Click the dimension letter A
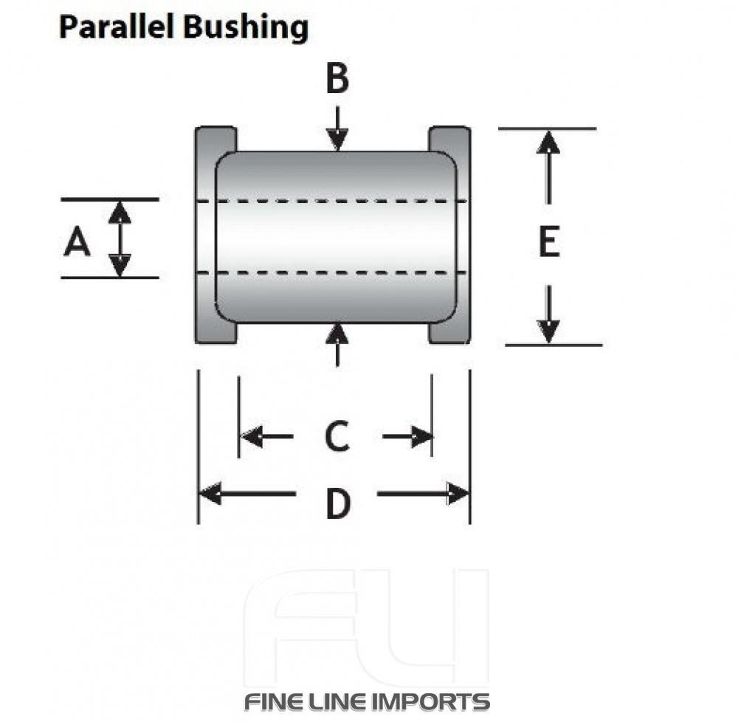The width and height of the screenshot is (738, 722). pyautogui.click(x=77, y=242)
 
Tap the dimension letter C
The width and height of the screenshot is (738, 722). pyautogui.click(x=337, y=436)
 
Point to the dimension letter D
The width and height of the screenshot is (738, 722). pyautogui.click(x=337, y=505)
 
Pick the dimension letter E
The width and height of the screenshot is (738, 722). pyautogui.click(x=548, y=243)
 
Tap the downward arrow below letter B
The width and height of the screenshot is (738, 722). pyautogui.click(x=337, y=129)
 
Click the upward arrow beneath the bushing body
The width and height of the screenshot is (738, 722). pyautogui.click(x=337, y=343)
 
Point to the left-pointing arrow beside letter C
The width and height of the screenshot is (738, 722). pyautogui.click(x=266, y=437)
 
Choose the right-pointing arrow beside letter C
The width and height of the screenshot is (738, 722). pyautogui.click(x=408, y=437)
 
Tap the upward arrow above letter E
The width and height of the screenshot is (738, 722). pyautogui.click(x=548, y=166)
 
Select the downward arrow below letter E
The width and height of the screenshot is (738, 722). pyautogui.click(x=548, y=314)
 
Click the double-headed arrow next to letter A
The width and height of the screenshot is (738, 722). pyautogui.click(x=120, y=238)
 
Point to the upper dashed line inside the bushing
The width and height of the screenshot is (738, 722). pyautogui.click(x=332, y=201)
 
